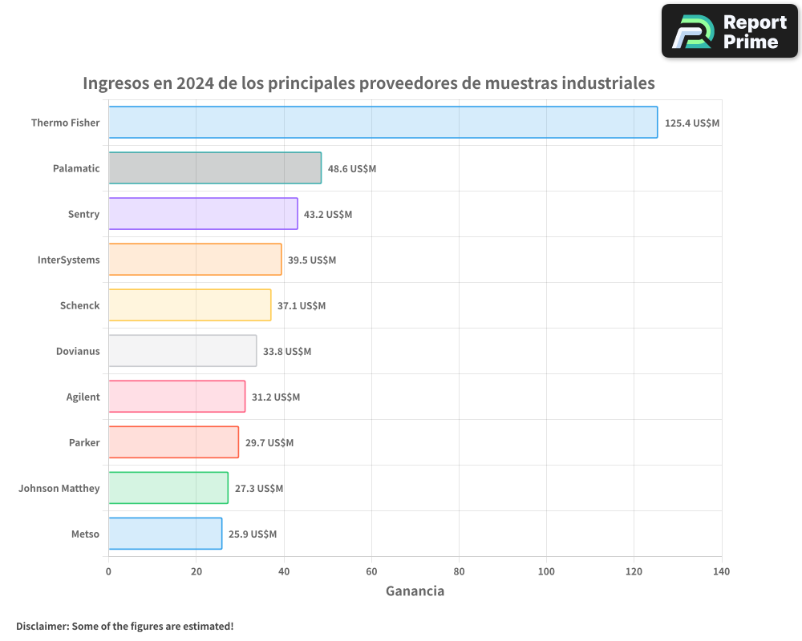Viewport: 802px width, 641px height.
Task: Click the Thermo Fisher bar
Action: click(x=383, y=123)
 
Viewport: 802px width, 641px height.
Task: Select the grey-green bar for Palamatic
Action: click(x=215, y=168)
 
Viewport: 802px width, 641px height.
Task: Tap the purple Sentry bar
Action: click(x=203, y=214)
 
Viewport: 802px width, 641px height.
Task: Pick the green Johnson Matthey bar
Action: click(x=168, y=488)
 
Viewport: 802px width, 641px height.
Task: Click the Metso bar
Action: click(x=165, y=534)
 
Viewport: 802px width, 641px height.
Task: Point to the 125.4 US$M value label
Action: click(x=691, y=123)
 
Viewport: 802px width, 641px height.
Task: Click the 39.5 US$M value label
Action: click(x=312, y=260)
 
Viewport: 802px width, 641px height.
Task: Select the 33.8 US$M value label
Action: click(x=287, y=352)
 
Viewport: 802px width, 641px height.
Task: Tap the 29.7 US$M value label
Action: click(x=269, y=443)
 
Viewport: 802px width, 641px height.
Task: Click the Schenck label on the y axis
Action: click(x=80, y=305)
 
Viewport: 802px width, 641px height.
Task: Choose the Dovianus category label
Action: click(x=78, y=351)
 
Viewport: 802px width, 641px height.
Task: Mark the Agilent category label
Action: click(x=83, y=397)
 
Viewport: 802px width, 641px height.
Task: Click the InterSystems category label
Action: click(x=69, y=260)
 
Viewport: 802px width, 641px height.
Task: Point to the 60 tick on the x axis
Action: click(x=371, y=571)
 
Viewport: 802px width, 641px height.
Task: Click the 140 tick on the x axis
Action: click(x=721, y=571)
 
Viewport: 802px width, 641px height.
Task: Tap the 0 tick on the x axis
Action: click(x=108, y=571)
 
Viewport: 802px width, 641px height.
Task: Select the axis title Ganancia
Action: click(x=415, y=591)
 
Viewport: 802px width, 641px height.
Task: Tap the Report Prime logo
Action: click(x=729, y=31)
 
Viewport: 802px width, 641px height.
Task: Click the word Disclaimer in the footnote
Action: click(x=42, y=626)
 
